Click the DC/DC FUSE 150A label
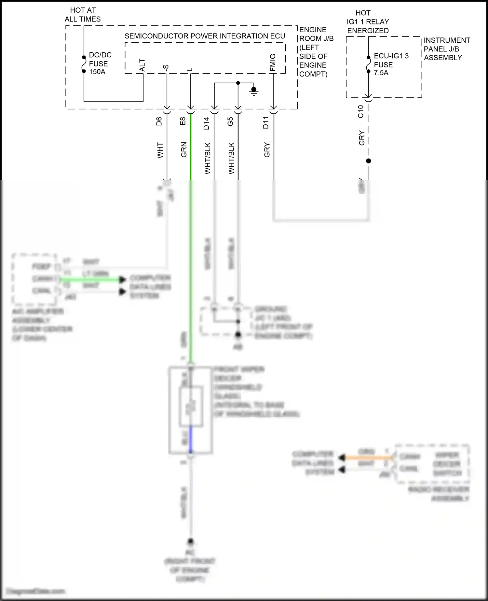[100, 63]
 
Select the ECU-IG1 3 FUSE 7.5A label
[391, 64]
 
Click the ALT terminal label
[142, 65]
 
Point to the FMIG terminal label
[273, 63]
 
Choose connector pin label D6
[159, 121]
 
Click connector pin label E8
[183, 121]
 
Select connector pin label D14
[207, 123]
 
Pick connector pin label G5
[230, 121]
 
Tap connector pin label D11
[266, 123]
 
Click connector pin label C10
[360, 111]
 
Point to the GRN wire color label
[184, 150]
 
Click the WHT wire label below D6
[160, 150]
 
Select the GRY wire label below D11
[267, 150]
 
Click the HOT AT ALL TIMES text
[83, 15]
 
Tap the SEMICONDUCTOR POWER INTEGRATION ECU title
[205, 36]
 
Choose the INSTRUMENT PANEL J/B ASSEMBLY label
[446, 49]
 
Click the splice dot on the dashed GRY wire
[368, 161]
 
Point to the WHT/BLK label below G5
[231, 158]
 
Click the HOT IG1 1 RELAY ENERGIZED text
[368, 22]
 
